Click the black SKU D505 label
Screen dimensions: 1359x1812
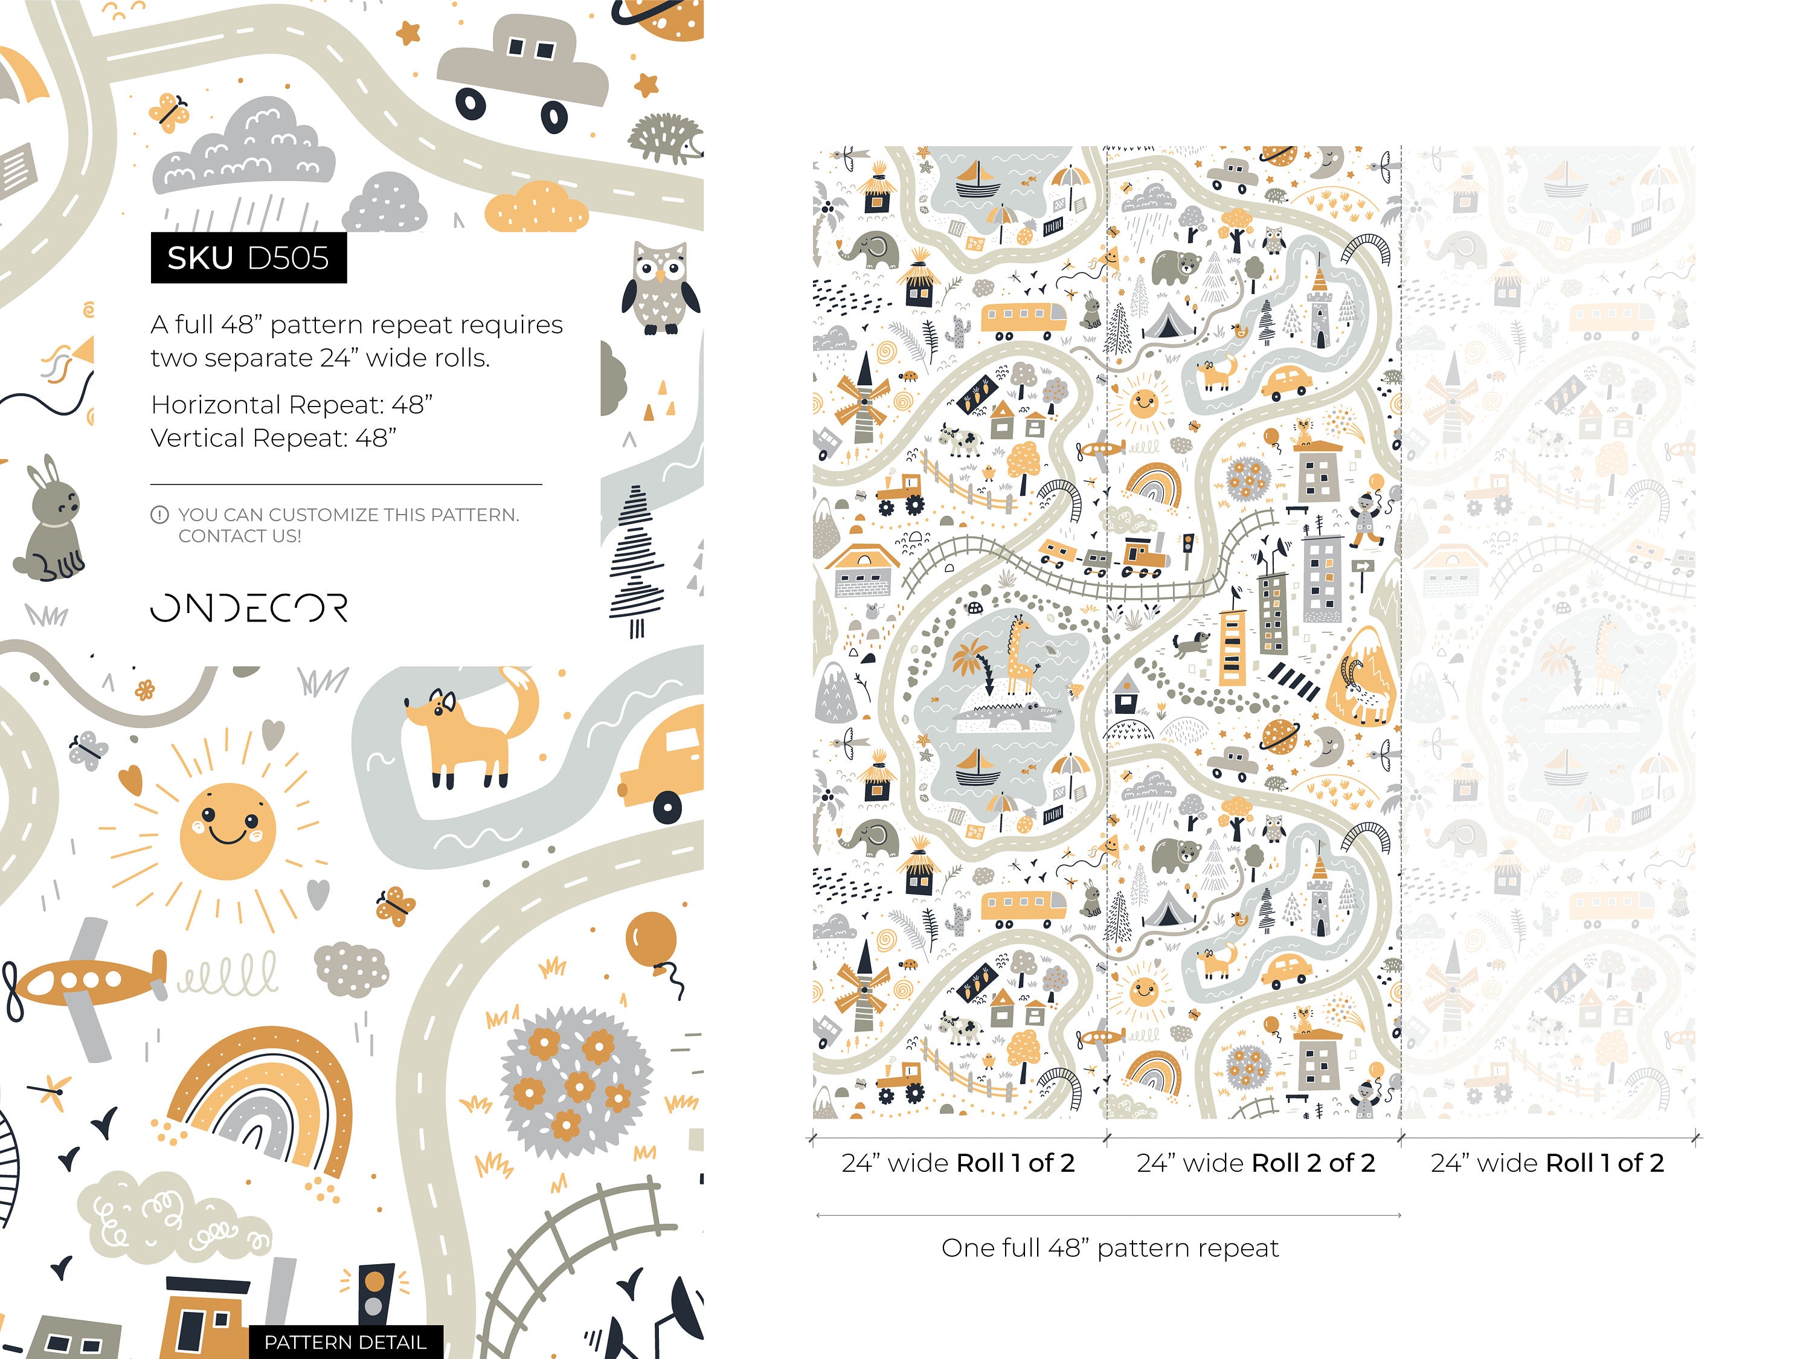tap(248, 258)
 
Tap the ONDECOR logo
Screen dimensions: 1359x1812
tap(249, 608)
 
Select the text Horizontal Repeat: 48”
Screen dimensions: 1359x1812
tap(292, 405)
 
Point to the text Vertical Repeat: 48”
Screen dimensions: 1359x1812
tap(274, 439)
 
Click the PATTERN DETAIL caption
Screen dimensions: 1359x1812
tap(345, 1342)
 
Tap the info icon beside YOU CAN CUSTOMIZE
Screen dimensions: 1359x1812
tap(159, 515)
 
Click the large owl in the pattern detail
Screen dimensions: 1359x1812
tap(660, 288)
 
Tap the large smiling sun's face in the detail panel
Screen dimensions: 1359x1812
tap(227, 830)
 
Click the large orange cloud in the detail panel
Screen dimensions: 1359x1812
tap(536, 207)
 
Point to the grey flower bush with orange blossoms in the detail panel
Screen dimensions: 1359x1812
tap(576, 1081)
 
